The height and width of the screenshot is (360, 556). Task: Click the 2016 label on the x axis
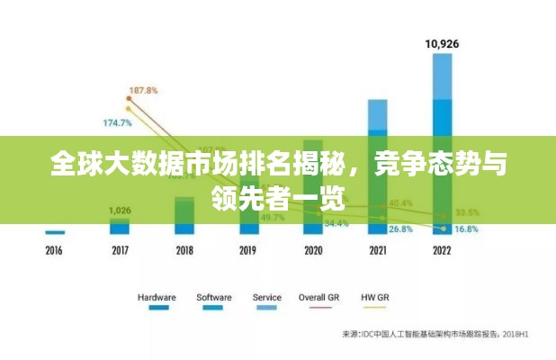55,251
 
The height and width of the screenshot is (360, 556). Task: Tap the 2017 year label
120,251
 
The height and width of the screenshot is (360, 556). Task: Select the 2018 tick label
184,251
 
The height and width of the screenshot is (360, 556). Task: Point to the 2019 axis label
248,251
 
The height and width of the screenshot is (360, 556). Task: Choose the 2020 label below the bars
313,251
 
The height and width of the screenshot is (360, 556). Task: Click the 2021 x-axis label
378,251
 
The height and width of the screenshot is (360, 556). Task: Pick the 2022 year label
442,251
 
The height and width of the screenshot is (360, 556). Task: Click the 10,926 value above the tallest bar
442,42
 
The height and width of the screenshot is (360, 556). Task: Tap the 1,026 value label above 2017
120,211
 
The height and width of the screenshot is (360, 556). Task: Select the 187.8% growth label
144,91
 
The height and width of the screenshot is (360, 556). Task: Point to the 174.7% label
118,122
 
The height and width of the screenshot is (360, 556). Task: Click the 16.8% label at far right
467,229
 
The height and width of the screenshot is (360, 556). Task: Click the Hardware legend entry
157,297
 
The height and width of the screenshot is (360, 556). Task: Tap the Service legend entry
266,297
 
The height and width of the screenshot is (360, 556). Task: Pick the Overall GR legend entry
319,297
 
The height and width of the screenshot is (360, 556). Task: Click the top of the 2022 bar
442,55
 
